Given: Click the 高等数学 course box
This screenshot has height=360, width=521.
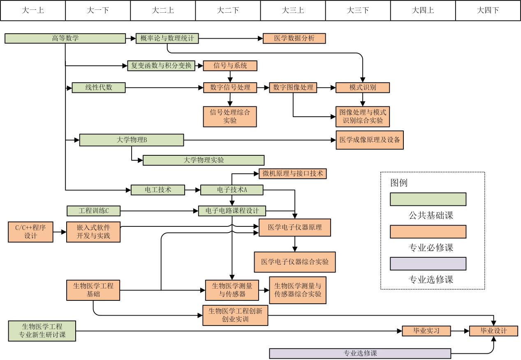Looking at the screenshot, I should (65, 39).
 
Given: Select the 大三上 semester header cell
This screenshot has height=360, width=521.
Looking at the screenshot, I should (293, 11).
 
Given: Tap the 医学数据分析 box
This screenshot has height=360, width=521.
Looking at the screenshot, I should (294, 39).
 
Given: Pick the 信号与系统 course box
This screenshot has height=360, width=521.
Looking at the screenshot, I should (230, 66).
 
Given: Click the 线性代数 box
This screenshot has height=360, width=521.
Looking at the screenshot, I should (99, 88).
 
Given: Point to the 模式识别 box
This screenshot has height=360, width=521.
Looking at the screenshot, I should (362, 88).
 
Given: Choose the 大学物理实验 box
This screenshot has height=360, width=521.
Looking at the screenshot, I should (204, 160).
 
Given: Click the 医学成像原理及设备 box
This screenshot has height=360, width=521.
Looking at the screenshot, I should (370, 140).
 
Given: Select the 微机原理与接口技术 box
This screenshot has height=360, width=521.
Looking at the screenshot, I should (292, 173).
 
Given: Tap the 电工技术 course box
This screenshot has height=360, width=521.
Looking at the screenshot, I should (158, 190).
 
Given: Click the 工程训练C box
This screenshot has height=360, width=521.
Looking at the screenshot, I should (94, 211).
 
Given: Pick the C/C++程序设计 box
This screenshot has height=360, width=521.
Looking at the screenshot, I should (31, 232).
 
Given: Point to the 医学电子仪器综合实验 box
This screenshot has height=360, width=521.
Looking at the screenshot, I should (295, 262).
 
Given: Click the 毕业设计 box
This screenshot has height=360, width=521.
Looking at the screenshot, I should (493, 331).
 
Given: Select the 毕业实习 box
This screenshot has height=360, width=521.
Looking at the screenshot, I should (426, 331).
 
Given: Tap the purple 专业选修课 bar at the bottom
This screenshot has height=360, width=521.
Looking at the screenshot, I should (360, 353).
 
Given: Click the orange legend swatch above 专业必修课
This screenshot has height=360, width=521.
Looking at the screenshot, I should (428, 231).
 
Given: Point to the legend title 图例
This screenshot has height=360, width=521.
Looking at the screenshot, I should (399, 183).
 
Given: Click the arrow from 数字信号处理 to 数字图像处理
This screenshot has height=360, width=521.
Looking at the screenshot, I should (263, 88).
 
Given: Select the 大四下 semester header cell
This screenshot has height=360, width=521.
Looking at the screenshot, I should (488, 11).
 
